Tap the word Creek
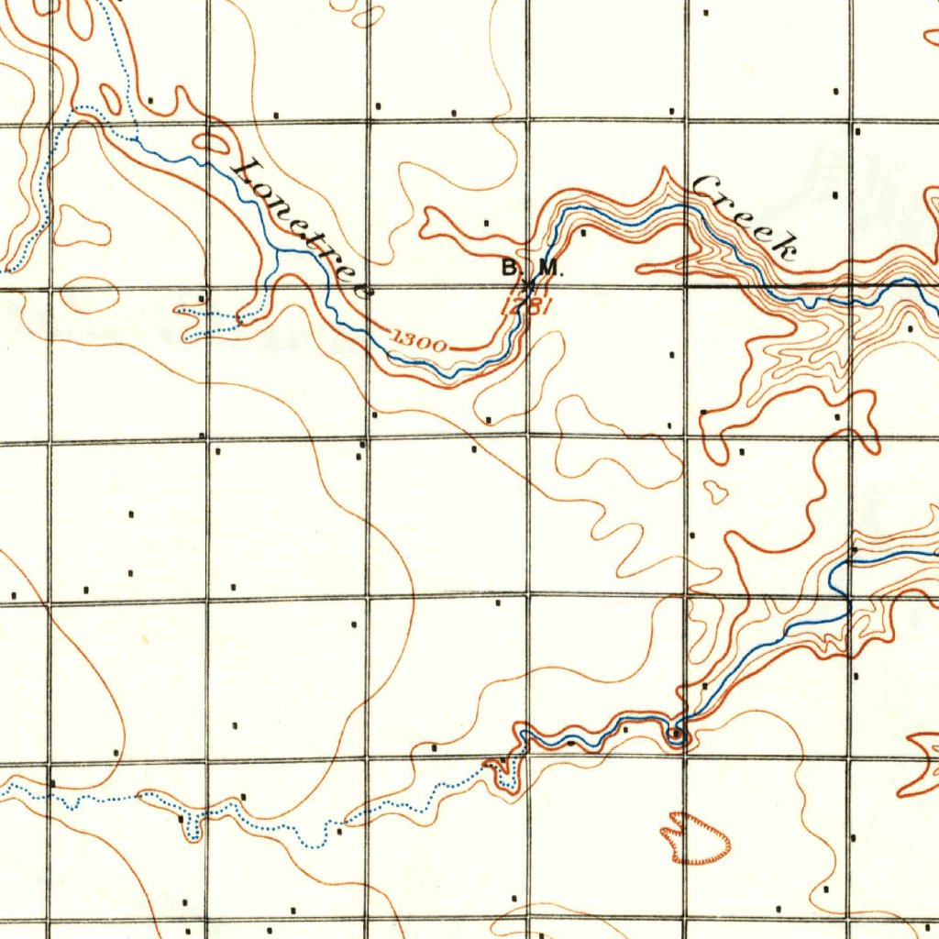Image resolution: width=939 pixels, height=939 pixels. [x=745, y=215]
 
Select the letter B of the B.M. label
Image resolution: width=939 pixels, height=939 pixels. [x=509, y=269]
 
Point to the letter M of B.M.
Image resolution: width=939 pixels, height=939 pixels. [x=547, y=269]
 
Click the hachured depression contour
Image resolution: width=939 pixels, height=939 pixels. [x=697, y=838]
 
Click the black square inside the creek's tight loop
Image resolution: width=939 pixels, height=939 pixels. [x=676, y=732]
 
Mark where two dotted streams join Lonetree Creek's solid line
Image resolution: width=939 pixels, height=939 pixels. [x=137, y=139]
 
